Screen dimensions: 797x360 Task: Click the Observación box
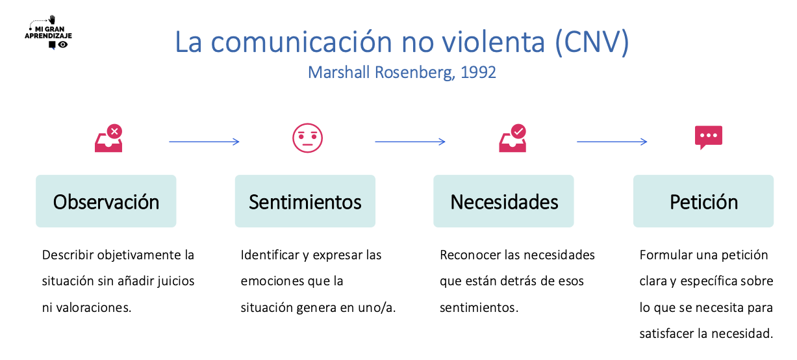click(106, 201)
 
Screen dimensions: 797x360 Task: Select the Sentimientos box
click(305, 201)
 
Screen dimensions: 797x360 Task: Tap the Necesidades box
click(503, 201)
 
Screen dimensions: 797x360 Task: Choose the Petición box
click(703, 201)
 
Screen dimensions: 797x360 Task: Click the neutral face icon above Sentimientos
click(307, 138)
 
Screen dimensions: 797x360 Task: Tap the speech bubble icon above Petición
click(709, 138)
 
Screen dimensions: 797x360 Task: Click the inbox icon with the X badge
click(108, 138)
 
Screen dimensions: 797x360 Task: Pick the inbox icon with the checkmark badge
click(512, 138)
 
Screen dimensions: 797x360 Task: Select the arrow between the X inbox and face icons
click(204, 142)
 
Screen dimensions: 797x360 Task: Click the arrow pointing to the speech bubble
click(612, 142)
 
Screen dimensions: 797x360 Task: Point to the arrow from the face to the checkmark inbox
click(411, 142)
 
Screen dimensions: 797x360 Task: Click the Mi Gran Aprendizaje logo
click(48, 32)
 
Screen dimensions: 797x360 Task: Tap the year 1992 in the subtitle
click(478, 72)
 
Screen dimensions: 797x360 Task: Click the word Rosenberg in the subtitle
click(414, 73)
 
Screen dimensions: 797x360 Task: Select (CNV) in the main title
click(592, 42)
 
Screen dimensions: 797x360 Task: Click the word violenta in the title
click(494, 42)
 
